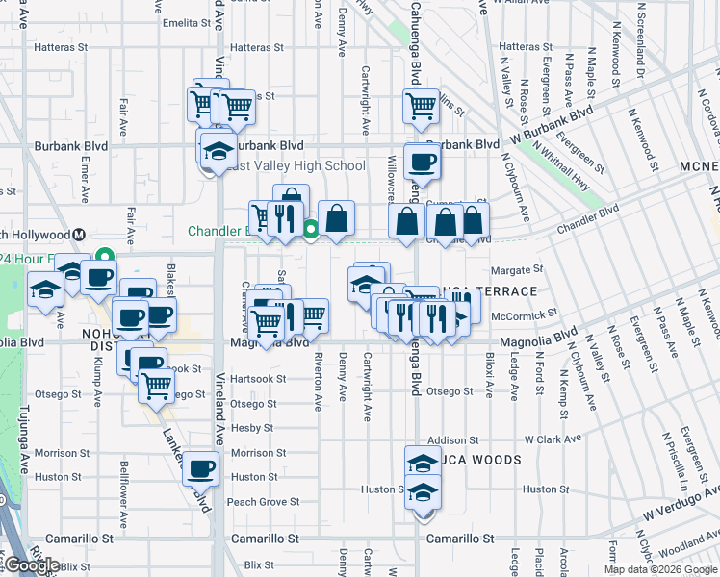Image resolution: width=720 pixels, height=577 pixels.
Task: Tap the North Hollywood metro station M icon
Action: click(x=80, y=235)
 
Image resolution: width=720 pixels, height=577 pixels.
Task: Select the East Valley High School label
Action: click(x=294, y=165)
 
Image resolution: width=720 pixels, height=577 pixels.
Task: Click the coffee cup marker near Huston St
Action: click(x=200, y=468)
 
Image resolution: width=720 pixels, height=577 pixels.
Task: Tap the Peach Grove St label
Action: click(x=264, y=502)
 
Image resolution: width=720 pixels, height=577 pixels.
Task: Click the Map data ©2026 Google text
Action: click(x=661, y=569)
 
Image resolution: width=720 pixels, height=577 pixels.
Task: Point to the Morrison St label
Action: click(x=252, y=453)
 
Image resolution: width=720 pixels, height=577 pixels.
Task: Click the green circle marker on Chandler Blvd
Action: click(x=311, y=229)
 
